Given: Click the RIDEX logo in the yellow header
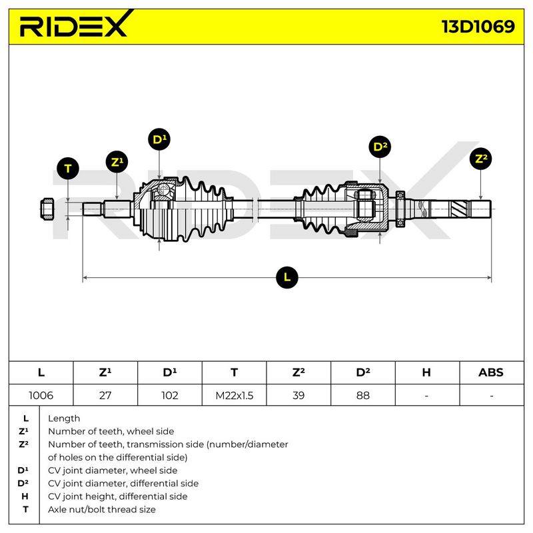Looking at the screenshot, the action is tap(75, 24).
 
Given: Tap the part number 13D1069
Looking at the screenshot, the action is tap(478, 27).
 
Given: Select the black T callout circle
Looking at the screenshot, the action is tap(68, 169).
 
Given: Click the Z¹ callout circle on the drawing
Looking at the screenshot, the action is tap(117, 162).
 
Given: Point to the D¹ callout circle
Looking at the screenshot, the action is tap(159, 139).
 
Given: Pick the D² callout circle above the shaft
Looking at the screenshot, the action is tap(380, 147).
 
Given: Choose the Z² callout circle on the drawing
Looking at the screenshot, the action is tap(480, 159).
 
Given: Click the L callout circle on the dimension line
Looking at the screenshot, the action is tap(287, 277).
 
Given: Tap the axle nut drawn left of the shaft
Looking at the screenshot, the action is tap(47, 209).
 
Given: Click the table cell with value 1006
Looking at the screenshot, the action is tap(41, 395).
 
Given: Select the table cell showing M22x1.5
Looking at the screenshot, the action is tap(235, 395).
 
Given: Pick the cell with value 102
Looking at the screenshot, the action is tap(170, 395).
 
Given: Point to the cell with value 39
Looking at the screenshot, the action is tap(298, 395).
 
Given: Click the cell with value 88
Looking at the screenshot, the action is tap(363, 395).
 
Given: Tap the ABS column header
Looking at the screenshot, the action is tap(491, 372).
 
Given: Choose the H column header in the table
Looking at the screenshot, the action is tap(426, 372).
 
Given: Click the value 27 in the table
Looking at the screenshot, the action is tap(105, 395).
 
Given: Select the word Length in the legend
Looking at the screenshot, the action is tap(64, 418).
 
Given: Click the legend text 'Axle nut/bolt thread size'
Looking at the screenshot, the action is tap(102, 510).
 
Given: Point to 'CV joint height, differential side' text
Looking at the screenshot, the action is tap(118, 496).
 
